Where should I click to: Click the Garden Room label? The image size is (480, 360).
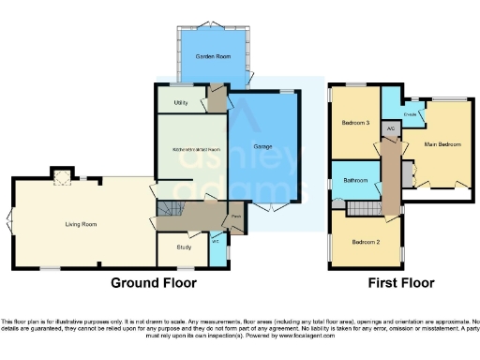click(206, 57)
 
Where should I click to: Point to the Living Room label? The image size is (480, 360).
click(82, 224)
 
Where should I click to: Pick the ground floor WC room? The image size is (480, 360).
click(217, 248)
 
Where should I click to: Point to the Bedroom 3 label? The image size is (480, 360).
click(354, 123)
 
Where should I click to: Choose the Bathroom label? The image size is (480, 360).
click(354, 180)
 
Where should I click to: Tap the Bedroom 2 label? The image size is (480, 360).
click(365, 242)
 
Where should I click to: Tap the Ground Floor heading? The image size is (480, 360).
click(154, 282)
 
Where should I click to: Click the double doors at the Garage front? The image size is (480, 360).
click(272, 206)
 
